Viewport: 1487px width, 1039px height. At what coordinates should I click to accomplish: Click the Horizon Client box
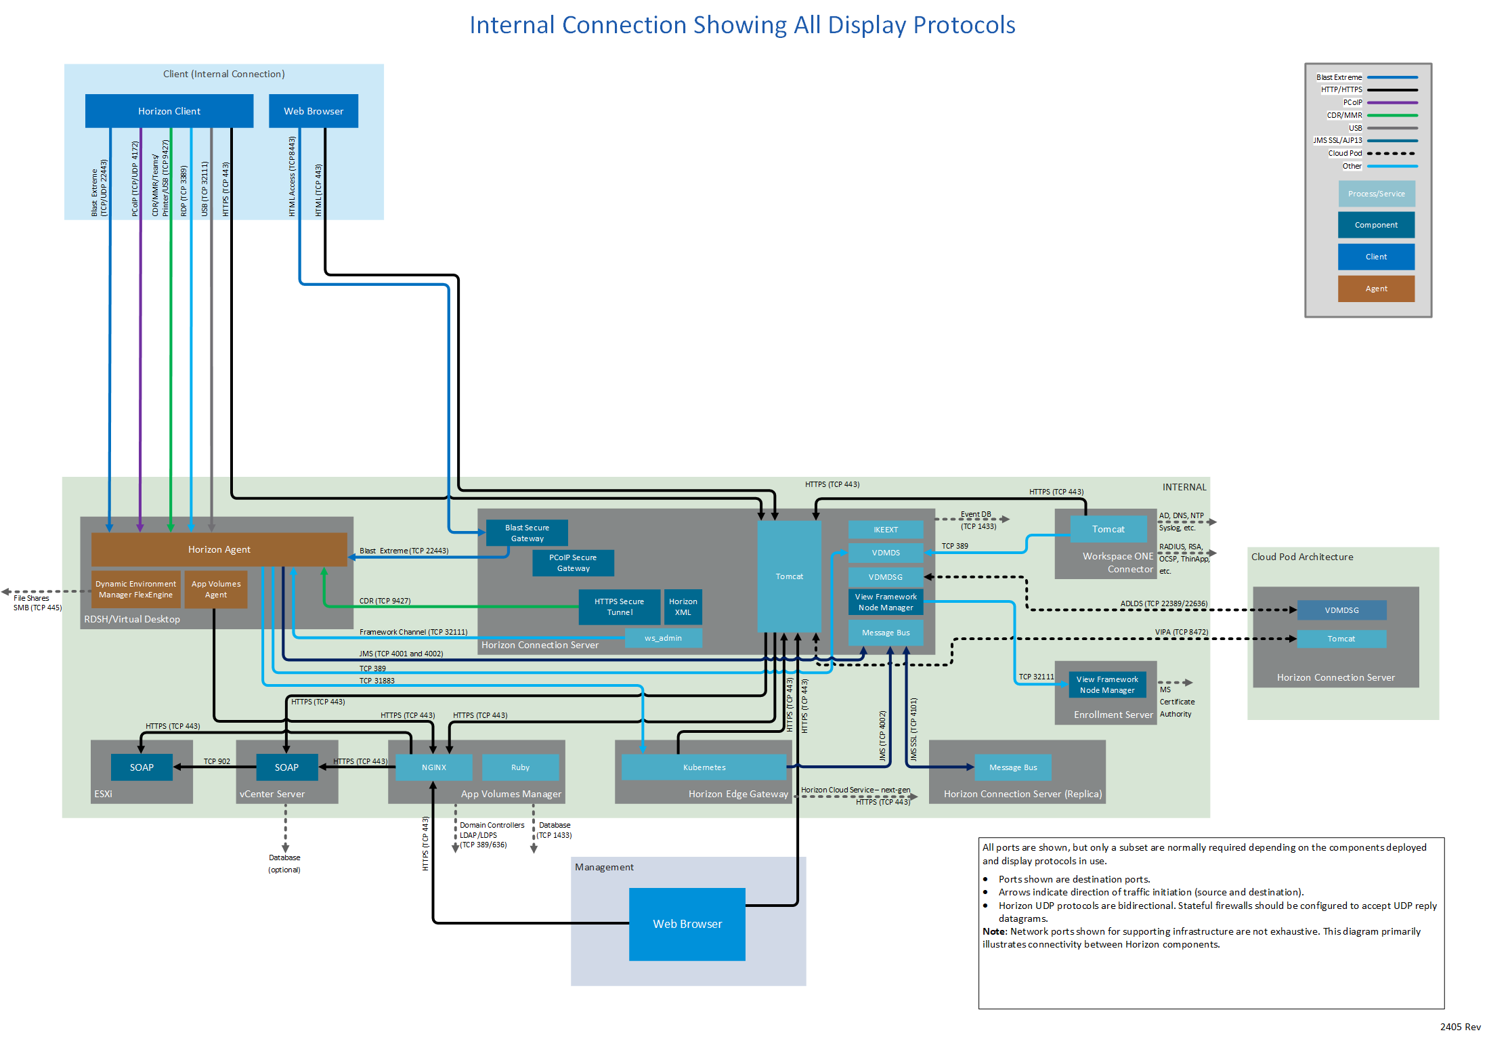(169, 111)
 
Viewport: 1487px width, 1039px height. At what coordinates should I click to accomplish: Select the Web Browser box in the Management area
(687, 924)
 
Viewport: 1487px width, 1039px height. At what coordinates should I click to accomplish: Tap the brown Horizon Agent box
(219, 549)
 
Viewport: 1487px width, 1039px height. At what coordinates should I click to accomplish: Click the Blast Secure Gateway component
(527, 533)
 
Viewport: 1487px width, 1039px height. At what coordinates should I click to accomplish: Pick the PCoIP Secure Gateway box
(573, 563)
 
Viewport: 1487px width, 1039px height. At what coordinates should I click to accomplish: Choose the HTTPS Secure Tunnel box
(619, 607)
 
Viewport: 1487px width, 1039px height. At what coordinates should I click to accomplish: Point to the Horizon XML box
(683, 607)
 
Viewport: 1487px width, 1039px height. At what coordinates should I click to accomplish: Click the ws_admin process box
(663, 638)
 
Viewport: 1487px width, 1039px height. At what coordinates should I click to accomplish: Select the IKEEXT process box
(885, 530)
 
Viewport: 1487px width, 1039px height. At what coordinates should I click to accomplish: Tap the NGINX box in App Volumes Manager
(433, 767)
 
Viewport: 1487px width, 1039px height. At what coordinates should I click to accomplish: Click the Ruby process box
(520, 767)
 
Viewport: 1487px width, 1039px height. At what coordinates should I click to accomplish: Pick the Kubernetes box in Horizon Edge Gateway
(704, 767)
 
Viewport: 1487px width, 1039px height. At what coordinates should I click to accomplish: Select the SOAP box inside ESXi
(142, 767)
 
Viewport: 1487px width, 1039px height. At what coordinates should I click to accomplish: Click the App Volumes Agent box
(216, 589)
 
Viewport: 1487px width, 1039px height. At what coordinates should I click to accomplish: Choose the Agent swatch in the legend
(1376, 289)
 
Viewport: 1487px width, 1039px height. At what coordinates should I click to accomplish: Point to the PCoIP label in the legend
(1352, 102)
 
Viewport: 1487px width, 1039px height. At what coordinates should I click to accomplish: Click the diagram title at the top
(742, 25)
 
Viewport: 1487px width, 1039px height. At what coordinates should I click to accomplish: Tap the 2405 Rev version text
(1460, 1027)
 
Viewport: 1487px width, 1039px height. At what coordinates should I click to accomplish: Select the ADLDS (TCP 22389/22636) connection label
(1163, 603)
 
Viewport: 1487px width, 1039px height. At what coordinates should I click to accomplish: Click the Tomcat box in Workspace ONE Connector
(1108, 529)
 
